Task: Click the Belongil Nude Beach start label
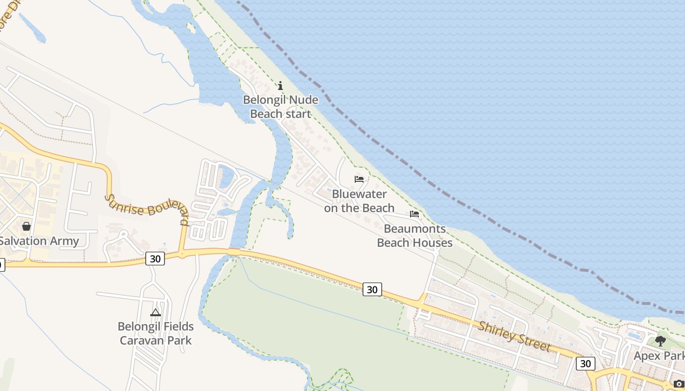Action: [281, 107]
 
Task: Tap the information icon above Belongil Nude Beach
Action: [280, 86]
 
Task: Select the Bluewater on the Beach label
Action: [359, 201]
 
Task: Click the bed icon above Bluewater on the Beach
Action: [359, 179]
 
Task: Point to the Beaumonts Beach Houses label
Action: [414, 236]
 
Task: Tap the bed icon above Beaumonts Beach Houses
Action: [414, 214]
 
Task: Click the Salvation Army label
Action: [39, 241]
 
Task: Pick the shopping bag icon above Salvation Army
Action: [26, 226]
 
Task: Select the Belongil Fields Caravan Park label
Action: [156, 333]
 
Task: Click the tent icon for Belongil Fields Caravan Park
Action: [156, 312]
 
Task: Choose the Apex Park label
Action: [659, 356]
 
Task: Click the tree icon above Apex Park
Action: [661, 341]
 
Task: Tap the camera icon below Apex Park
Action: [679, 384]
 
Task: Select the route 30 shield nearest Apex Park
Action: [585, 364]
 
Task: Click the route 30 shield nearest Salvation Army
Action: [155, 259]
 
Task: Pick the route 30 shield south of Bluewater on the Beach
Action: [372, 290]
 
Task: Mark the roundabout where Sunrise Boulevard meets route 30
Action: [182, 254]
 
